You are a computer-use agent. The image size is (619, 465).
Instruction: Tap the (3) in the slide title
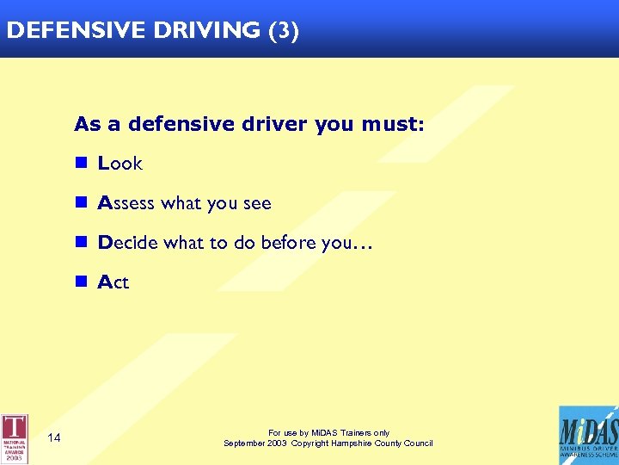284,31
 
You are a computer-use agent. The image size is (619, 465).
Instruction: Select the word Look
120,164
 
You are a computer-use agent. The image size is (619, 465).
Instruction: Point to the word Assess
126,204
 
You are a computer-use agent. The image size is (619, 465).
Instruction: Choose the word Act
113,282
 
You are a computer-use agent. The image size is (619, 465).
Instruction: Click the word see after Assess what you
256,204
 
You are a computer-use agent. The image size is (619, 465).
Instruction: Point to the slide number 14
54,438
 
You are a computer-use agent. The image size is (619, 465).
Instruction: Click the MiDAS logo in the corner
588,436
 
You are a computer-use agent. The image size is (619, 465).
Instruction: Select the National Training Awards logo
15,438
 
